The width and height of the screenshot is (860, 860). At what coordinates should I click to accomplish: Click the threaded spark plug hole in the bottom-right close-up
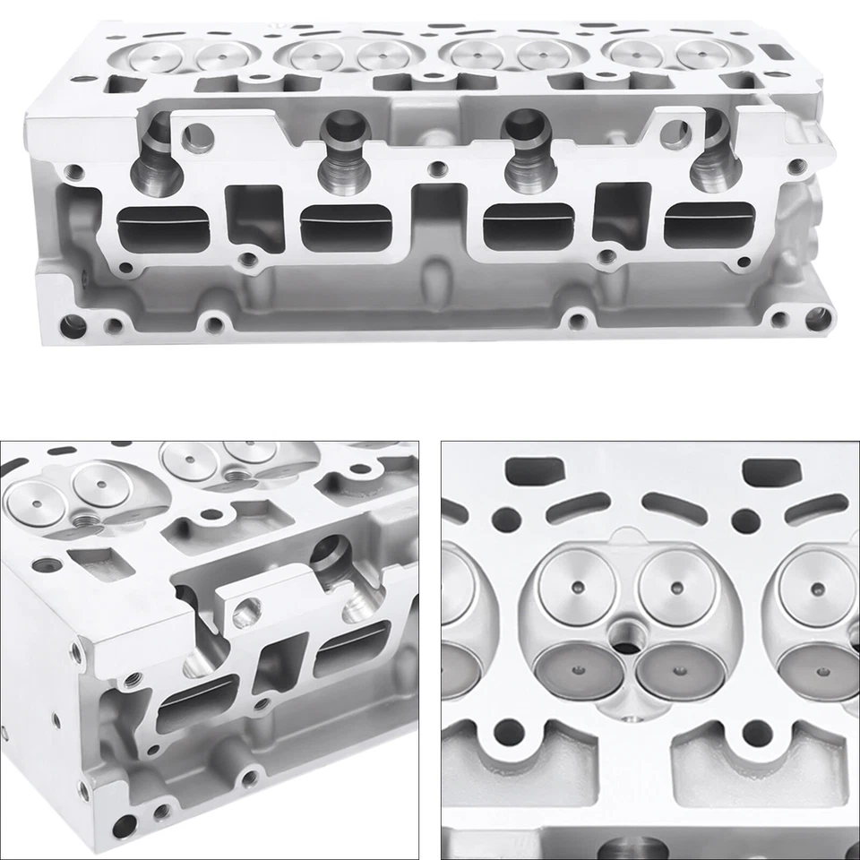tap(623, 637)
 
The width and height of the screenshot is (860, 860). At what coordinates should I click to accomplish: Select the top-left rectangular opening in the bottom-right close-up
tap(534, 469)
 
